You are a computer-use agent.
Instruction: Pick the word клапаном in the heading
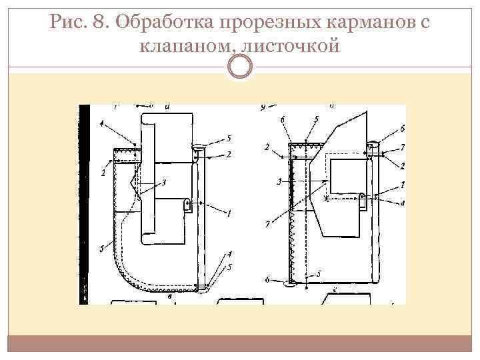click(x=181, y=47)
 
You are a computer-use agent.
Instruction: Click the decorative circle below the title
click(x=239, y=67)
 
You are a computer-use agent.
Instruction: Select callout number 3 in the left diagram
click(x=164, y=181)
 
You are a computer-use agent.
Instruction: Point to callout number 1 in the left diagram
click(x=229, y=213)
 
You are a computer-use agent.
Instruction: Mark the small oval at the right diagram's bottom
click(x=291, y=283)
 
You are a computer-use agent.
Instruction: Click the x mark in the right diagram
click(x=325, y=198)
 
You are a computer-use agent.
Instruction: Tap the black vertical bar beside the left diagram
click(x=83, y=203)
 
